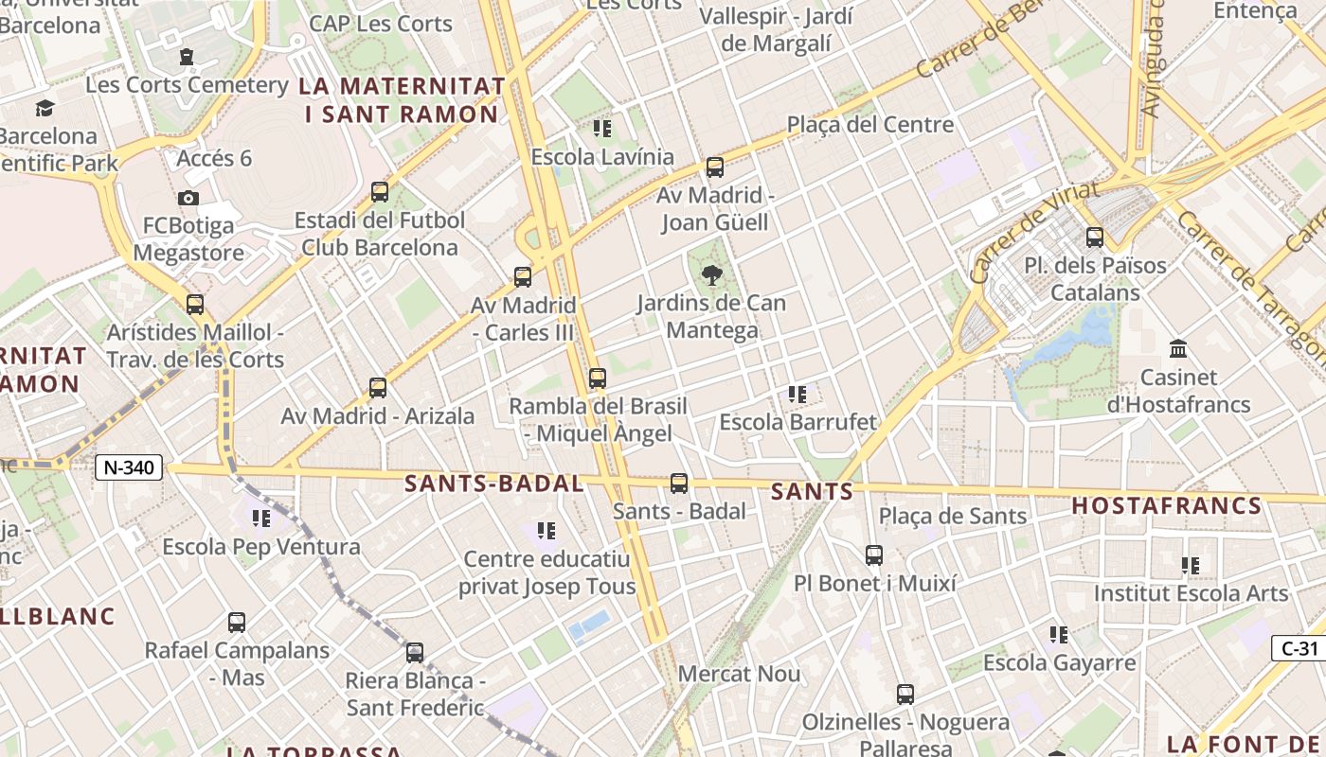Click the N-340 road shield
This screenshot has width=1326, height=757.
(x=129, y=467)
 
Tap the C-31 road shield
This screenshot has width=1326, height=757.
(x=1299, y=648)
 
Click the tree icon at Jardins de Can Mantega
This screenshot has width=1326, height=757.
(x=711, y=275)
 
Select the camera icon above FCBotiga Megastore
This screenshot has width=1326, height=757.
(x=188, y=198)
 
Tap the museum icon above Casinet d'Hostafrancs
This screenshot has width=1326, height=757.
(x=1178, y=349)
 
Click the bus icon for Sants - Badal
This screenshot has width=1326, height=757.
(x=679, y=484)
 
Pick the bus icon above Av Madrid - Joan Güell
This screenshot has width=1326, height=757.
(x=715, y=167)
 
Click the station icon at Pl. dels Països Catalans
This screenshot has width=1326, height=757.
(x=1095, y=237)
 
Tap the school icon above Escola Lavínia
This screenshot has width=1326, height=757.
(x=602, y=129)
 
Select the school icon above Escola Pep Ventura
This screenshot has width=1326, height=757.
(x=261, y=519)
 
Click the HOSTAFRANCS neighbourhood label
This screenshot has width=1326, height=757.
(x=1167, y=506)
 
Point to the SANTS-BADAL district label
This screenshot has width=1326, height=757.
(x=493, y=484)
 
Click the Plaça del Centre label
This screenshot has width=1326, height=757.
(x=870, y=125)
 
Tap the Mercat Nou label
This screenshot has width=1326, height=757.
(x=740, y=675)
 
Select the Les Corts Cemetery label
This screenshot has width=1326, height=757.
(x=187, y=85)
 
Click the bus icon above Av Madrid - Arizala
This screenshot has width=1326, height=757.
(x=378, y=388)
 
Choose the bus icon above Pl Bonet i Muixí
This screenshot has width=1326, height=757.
(x=874, y=555)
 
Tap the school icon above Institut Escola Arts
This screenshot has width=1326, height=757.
(x=1191, y=566)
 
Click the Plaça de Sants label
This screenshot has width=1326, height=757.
(x=953, y=516)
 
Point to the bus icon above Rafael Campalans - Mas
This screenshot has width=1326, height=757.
(x=237, y=623)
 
